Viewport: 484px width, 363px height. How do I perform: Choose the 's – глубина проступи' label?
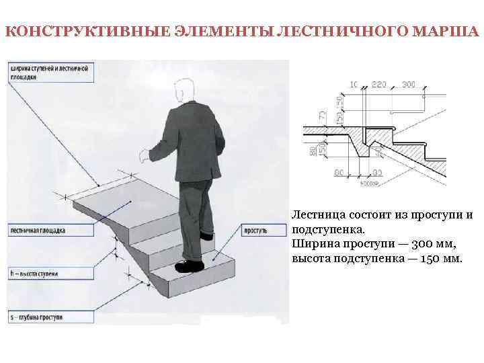38,316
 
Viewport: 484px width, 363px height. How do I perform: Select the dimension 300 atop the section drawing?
409,84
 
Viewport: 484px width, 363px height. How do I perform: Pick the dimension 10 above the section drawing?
354,84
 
